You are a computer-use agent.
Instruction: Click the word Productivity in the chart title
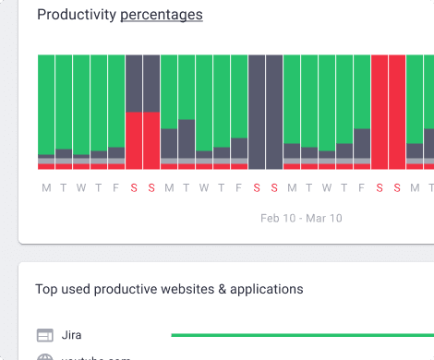click(77, 14)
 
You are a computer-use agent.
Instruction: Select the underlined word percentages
click(162, 14)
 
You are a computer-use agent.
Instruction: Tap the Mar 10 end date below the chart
click(323, 219)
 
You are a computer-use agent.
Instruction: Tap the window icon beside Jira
click(44, 334)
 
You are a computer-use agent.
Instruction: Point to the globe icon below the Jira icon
click(44, 357)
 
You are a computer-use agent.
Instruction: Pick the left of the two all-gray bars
click(257, 111)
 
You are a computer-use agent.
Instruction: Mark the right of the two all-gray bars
click(274, 111)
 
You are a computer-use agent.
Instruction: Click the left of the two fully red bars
click(380, 111)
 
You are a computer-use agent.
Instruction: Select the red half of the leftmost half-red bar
click(134, 140)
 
